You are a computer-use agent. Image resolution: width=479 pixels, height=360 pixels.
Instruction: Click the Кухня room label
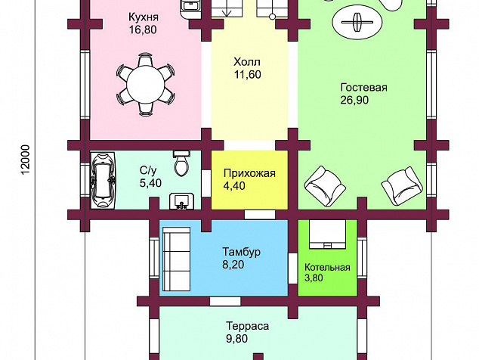click(144, 17)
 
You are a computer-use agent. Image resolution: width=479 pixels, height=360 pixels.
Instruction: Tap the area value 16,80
click(143, 29)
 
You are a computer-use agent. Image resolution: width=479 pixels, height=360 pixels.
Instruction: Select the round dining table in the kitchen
click(146, 85)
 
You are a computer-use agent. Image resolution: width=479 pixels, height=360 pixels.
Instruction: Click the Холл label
click(247, 62)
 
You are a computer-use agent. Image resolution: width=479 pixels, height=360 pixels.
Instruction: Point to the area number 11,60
click(248, 74)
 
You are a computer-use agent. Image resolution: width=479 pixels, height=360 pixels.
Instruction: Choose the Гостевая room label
click(364, 88)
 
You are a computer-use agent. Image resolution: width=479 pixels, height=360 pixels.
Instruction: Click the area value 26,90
click(354, 100)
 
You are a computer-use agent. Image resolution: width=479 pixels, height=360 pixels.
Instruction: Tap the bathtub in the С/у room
click(103, 181)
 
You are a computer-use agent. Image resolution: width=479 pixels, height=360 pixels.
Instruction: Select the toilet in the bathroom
click(181, 163)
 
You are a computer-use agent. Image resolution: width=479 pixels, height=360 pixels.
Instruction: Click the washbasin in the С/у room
click(182, 201)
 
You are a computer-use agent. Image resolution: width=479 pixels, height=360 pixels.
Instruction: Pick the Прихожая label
click(249, 173)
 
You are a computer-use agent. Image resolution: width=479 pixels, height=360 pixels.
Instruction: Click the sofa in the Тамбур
click(176, 259)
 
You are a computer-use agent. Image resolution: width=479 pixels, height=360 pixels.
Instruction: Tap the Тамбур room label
click(241, 252)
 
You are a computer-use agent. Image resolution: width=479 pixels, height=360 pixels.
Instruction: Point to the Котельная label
click(327, 267)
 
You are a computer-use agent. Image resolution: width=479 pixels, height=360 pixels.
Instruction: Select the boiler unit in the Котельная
click(327, 234)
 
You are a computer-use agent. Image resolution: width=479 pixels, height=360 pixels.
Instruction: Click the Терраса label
click(248, 326)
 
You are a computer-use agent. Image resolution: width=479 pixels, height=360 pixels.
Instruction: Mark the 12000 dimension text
click(26, 160)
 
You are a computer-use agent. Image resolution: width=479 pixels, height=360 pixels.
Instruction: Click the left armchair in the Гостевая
click(325, 186)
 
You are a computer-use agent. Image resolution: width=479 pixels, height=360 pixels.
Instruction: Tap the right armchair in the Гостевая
click(402, 185)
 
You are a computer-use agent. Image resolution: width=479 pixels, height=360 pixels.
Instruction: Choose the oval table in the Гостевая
click(357, 22)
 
